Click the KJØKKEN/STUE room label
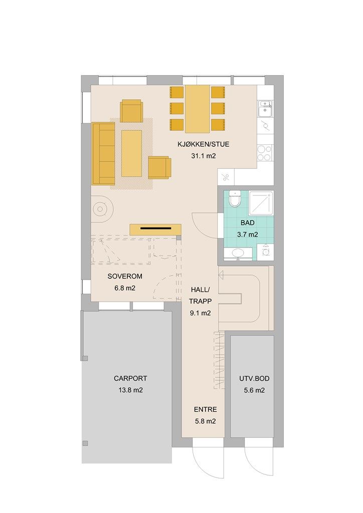point(203,144)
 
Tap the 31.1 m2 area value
point(203,156)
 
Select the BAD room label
point(248,223)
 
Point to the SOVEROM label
point(125,276)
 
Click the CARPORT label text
point(130,378)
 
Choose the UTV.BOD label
point(254,379)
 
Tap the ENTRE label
point(205,409)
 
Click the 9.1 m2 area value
point(201,313)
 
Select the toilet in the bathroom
point(235,198)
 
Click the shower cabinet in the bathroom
point(261,203)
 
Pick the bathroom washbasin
point(238,253)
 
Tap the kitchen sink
point(265,109)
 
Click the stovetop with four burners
point(265,153)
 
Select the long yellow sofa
point(103,153)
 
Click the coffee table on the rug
point(131,153)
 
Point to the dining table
point(198,109)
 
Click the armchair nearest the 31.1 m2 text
point(160,168)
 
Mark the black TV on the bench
point(156,228)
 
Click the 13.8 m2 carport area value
point(131,390)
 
